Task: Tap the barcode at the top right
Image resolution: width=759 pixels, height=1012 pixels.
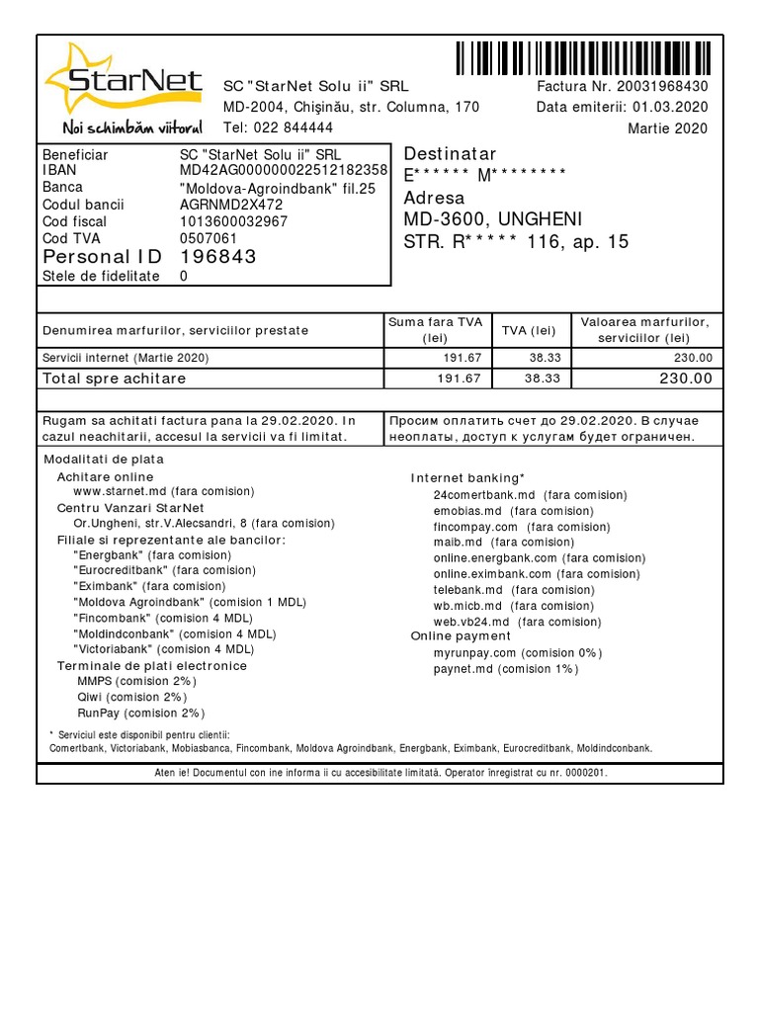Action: click(x=583, y=58)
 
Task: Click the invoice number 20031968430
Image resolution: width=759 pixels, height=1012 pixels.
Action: click(x=663, y=86)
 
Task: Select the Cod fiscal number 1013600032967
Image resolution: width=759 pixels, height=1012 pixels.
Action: click(x=233, y=221)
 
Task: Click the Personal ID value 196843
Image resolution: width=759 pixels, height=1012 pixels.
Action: click(x=217, y=257)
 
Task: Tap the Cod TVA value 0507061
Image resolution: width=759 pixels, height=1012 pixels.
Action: click(x=209, y=238)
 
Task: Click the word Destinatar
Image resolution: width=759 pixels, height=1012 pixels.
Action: click(x=450, y=154)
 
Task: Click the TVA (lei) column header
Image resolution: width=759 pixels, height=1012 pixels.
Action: click(x=529, y=330)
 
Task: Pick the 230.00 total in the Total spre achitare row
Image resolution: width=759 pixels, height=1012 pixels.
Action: click(x=686, y=379)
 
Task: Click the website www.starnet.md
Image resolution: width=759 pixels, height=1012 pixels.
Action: click(x=117, y=491)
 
